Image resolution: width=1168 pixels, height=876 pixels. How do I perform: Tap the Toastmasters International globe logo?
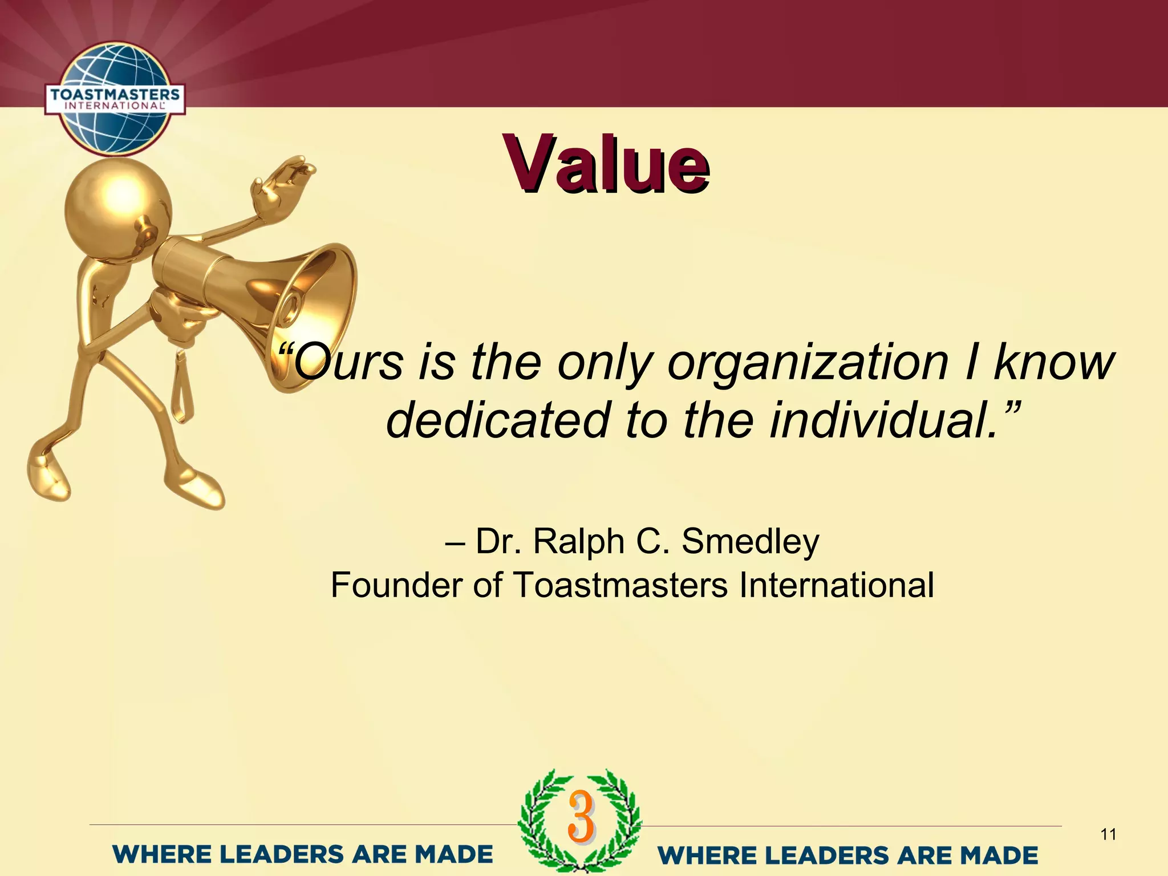tap(115, 99)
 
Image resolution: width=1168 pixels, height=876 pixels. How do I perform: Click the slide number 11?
tap(1108, 835)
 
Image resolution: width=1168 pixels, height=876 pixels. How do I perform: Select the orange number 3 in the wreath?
tap(581, 817)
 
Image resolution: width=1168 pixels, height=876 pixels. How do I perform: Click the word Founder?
tap(396, 585)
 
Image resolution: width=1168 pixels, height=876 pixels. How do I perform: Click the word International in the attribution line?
tap(836, 585)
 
